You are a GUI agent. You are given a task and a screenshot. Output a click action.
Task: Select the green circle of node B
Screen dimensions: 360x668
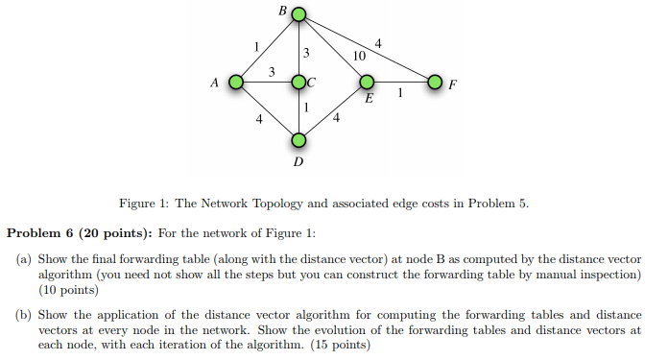coord(298,15)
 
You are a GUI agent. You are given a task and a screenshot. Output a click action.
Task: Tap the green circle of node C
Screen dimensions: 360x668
coord(298,83)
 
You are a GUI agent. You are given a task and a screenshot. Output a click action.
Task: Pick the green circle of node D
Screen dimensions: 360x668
coord(298,140)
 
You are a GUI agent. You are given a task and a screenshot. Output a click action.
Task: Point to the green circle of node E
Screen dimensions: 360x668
coord(366,83)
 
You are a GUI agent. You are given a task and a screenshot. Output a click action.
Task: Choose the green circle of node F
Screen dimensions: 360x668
coord(435,83)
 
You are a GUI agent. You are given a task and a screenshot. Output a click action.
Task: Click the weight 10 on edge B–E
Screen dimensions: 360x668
coord(359,57)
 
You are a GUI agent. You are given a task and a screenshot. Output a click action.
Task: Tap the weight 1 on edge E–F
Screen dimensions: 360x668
coord(400,93)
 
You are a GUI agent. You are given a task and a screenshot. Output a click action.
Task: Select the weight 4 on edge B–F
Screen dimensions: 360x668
coord(378,43)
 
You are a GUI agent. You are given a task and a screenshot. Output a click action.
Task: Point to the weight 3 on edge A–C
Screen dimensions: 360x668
coord(272,72)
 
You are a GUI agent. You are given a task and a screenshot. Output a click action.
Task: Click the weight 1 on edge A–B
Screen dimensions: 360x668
coord(255,45)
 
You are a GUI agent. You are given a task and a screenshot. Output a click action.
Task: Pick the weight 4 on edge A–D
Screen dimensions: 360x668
coord(258,119)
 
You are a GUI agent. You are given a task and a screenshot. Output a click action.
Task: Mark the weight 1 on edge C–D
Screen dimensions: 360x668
coord(306,108)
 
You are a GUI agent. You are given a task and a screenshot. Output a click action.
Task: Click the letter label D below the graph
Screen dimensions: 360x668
coord(298,162)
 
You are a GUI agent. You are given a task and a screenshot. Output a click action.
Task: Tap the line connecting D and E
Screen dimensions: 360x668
coord(332,111)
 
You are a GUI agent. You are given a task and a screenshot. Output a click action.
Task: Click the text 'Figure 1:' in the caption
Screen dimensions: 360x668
coord(145,204)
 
